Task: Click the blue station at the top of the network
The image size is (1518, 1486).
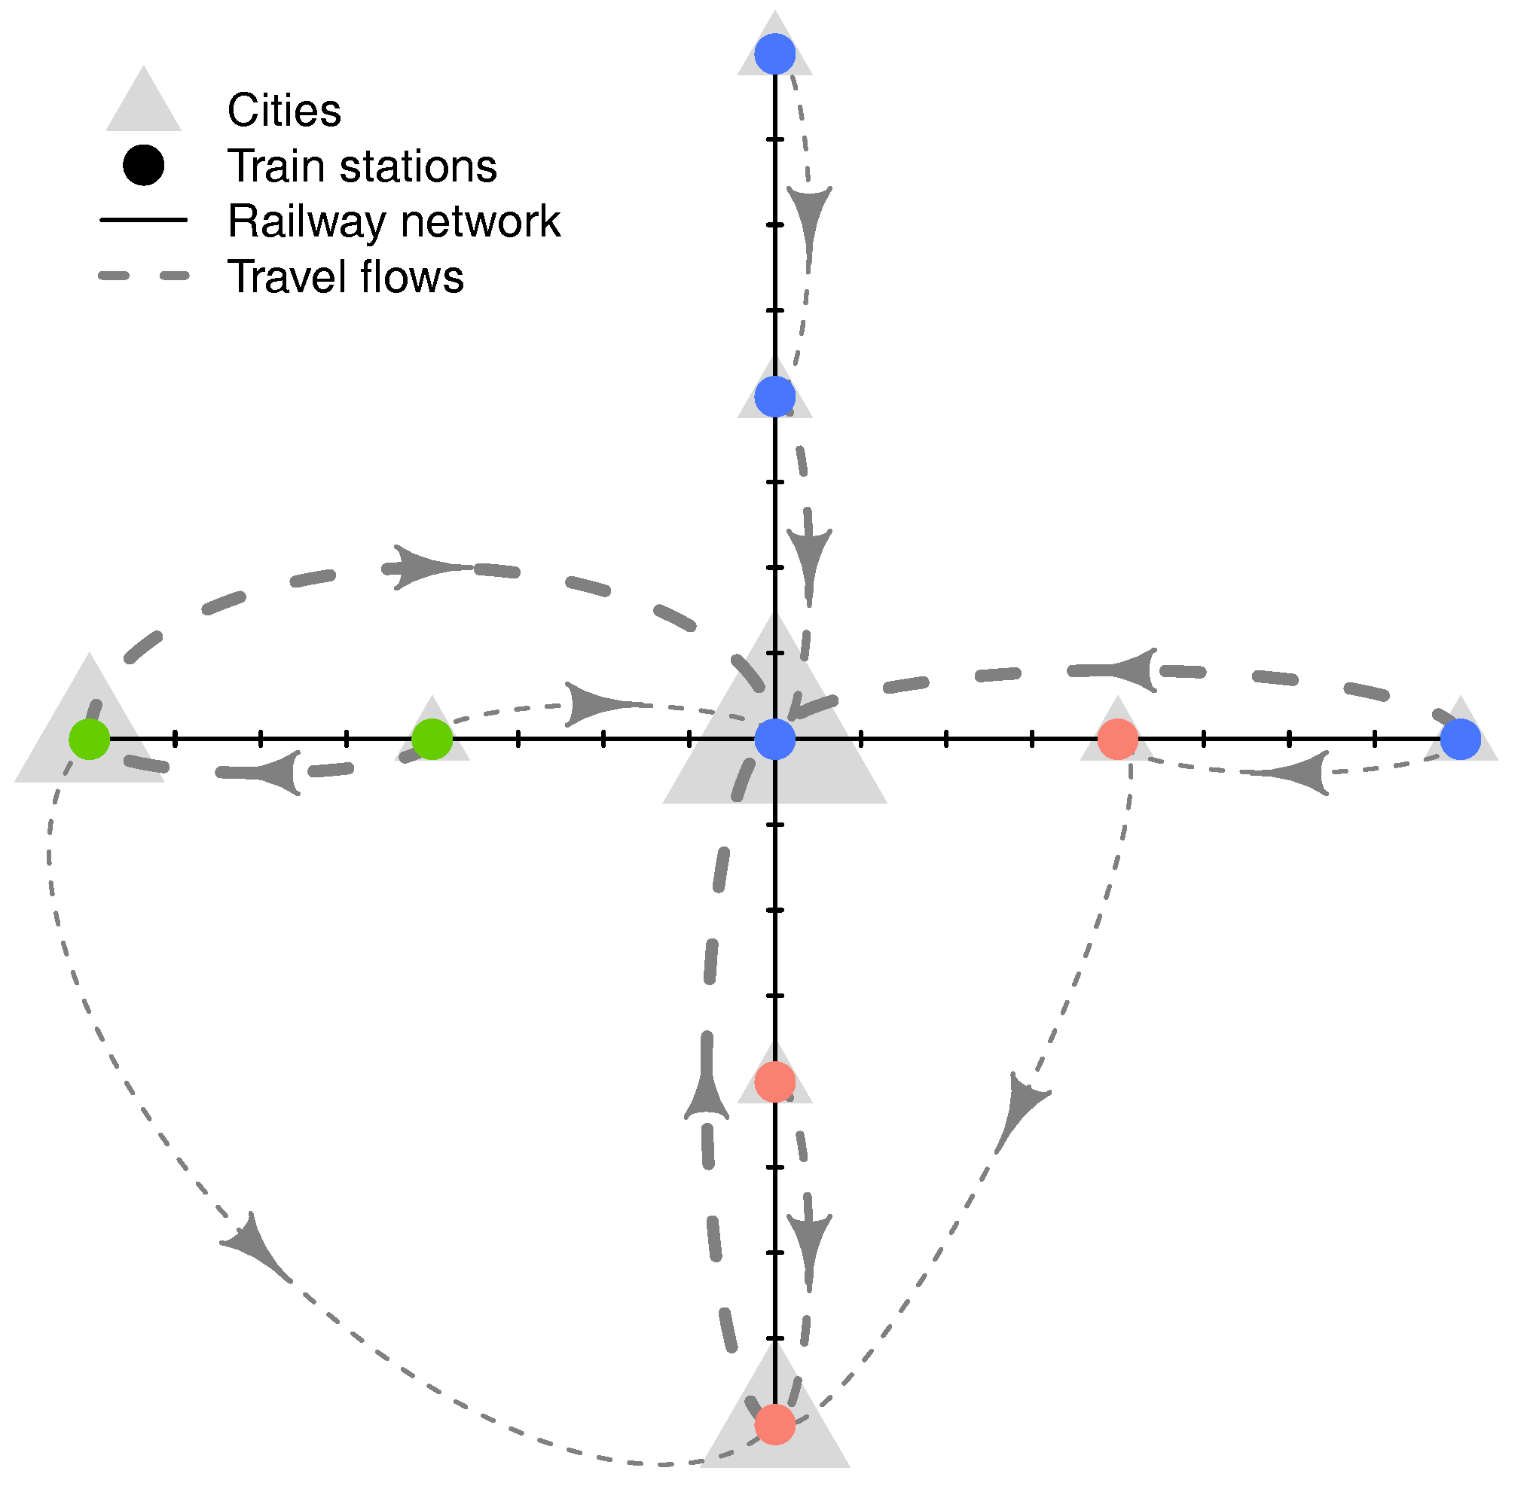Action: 775,54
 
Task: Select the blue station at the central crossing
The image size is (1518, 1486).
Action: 775,738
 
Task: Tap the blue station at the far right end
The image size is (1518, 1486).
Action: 1460,738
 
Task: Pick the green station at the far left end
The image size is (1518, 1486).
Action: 90,738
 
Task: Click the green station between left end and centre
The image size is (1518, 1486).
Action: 432,738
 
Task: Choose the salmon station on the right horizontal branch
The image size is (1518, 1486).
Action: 1118,738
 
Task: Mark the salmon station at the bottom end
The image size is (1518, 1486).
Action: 775,1423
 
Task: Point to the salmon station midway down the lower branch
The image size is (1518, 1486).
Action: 775,1082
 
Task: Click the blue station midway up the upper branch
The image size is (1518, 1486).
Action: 775,396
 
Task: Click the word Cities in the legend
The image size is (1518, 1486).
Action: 284,110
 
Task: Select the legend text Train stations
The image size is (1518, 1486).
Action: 362,166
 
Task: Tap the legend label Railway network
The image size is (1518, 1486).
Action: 393,221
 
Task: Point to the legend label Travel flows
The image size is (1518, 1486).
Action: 345,276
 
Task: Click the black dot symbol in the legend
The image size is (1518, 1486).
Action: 144,166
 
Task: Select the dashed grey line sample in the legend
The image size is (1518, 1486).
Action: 144,276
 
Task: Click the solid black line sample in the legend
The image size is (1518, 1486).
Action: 144,220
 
